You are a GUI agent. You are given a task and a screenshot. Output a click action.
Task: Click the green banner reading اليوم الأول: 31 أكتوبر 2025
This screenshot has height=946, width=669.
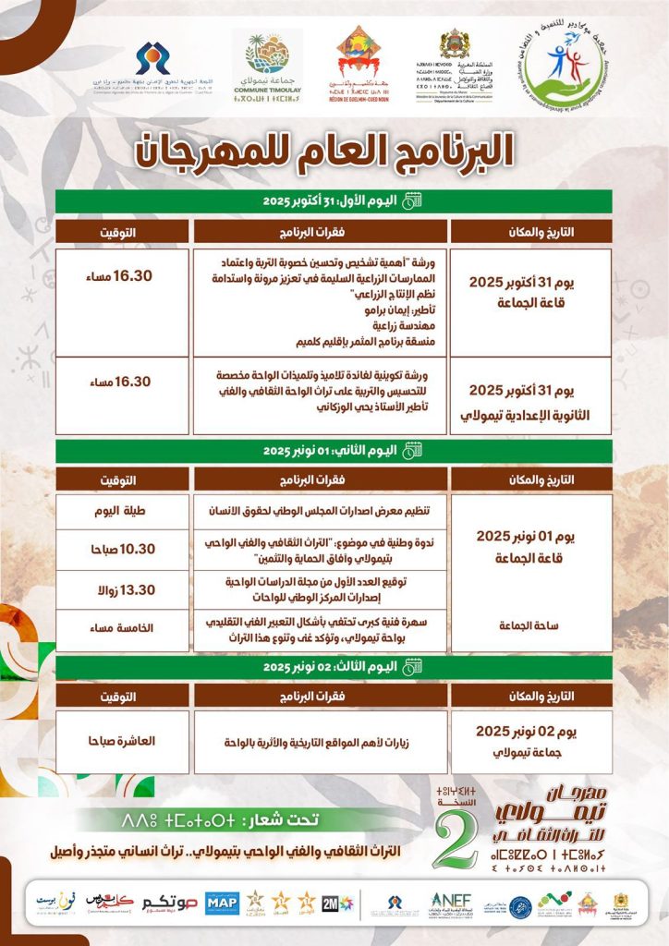tap(332, 201)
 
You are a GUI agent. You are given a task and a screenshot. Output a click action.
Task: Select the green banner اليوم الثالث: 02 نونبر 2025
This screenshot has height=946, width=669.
tap(332, 666)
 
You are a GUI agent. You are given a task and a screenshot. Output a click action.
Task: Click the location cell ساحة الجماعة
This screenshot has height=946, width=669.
tap(531, 626)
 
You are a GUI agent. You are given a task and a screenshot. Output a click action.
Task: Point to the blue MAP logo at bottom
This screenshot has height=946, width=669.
tap(222, 902)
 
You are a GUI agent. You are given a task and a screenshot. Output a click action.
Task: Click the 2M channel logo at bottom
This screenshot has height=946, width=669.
tap(330, 903)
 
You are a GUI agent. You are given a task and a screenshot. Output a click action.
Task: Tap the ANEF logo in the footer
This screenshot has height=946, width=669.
tap(450, 902)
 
